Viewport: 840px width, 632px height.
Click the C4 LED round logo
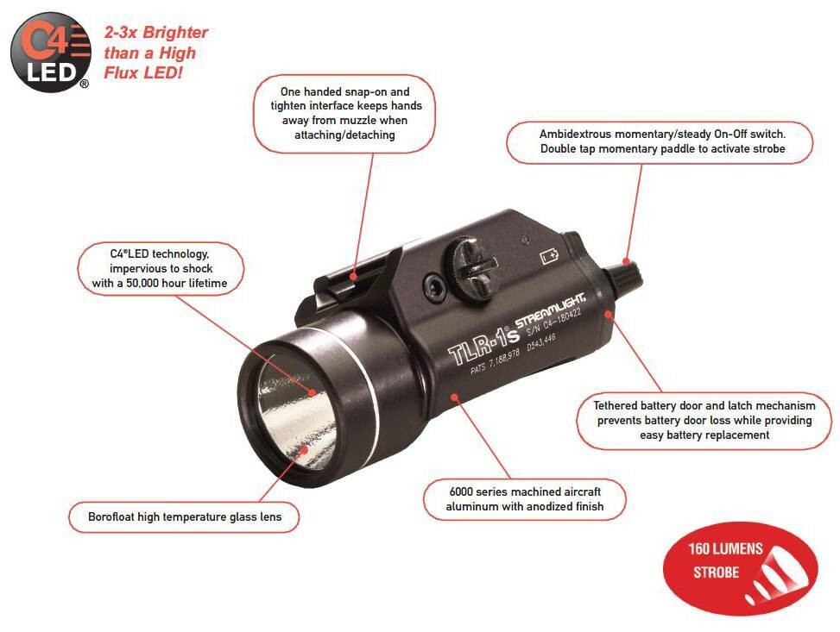51,52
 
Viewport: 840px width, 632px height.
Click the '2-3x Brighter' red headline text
156,34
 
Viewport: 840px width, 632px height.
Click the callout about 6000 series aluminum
524,498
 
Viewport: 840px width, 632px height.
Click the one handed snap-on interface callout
345,113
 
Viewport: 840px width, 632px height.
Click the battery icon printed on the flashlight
549,255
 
